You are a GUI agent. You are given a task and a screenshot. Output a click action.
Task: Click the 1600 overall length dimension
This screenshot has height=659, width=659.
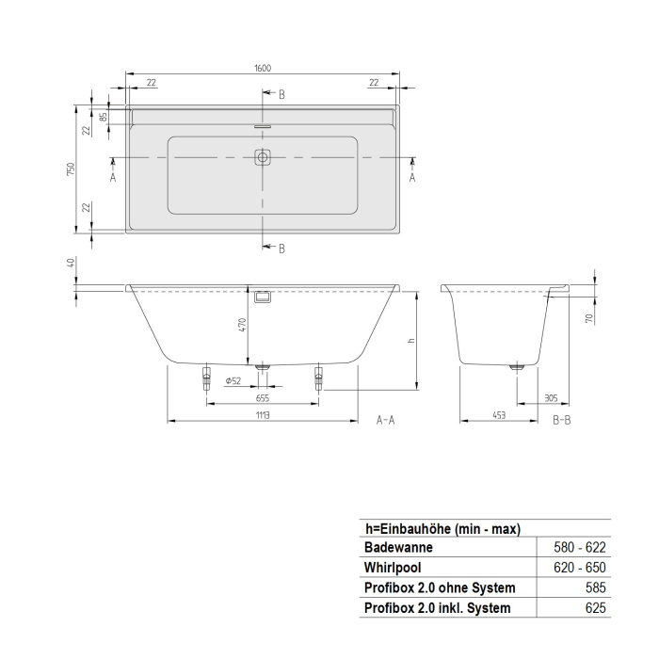click(262, 68)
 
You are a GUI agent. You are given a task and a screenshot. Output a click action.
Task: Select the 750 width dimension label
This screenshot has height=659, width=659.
click(71, 169)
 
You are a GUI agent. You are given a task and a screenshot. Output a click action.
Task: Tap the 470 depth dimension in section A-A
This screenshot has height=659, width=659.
click(242, 324)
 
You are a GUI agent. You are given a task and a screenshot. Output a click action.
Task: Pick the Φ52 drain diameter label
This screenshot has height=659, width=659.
click(233, 380)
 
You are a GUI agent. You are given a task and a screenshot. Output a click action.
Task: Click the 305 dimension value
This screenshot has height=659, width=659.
click(550, 397)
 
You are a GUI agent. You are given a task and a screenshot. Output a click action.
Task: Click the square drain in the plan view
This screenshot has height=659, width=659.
click(263, 158)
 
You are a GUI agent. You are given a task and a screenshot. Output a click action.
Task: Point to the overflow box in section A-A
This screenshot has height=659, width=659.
click(263, 297)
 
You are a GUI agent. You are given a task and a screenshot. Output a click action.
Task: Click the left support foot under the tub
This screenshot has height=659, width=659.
click(205, 378)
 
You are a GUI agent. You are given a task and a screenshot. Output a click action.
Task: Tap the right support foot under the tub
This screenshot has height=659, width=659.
click(319, 378)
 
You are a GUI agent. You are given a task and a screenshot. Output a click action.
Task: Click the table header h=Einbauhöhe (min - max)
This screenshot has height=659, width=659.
click(442, 529)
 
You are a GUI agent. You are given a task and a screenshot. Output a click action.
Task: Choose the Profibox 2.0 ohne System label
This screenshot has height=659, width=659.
click(439, 588)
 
